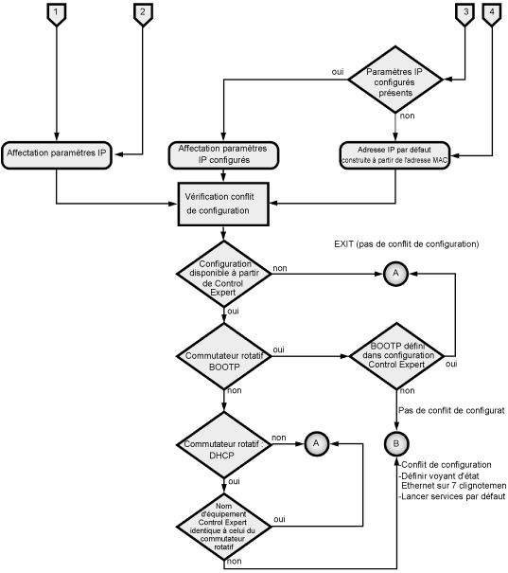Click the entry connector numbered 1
click(56, 14)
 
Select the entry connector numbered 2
click(143, 14)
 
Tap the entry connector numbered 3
click(465, 14)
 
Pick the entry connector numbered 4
click(492, 14)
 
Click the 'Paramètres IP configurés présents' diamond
click(395, 80)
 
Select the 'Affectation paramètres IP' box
click(56, 155)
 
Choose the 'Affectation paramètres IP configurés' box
click(223, 155)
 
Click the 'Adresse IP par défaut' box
click(394, 155)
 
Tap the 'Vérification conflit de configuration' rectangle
click(223, 204)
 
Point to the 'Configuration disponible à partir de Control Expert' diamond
click(223, 274)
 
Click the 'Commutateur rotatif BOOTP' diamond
click(223, 356)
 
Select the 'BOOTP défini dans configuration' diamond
click(396, 355)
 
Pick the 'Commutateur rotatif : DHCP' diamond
click(223, 445)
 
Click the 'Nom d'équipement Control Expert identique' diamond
click(223, 527)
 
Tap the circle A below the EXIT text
click(396, 274)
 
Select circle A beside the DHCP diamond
click(316, 443)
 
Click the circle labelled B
click(396, 443)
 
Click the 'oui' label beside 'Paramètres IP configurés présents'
click(338, 72)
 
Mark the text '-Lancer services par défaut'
click(452, 496)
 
